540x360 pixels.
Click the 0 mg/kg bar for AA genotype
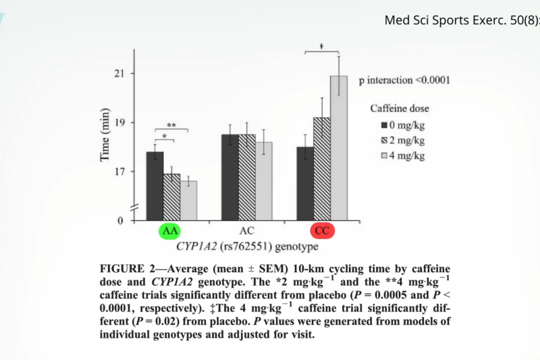coord(155,186)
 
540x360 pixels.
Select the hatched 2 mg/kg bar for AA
coord(172,197)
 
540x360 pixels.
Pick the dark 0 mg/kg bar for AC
coord(230,177)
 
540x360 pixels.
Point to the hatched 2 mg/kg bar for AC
coord(247,177)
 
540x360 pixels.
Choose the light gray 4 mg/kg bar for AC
coord(264,181)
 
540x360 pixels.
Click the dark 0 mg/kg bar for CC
coord(306,183)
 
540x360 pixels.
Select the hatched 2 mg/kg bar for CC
coord(322,169)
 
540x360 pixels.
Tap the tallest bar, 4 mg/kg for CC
coord(339,148)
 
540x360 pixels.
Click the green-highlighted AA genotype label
coord(169,231)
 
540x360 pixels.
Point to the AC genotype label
coord(247,231)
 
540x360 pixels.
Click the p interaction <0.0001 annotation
coord(404,80)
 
